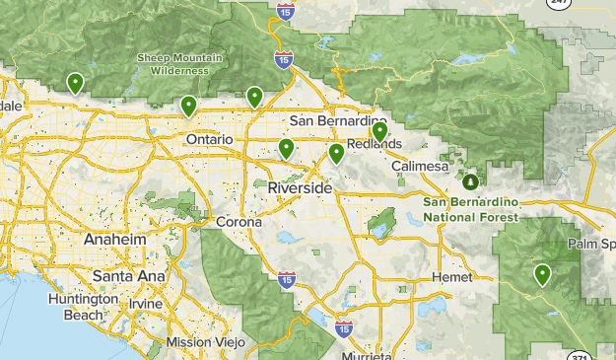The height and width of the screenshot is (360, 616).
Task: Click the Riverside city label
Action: [x=300, y=186]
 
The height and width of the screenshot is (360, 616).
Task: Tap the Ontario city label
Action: [x=209, y=140]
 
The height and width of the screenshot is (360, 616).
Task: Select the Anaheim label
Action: [x=115, y=241]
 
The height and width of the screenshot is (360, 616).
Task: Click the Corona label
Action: [x=240, y=222]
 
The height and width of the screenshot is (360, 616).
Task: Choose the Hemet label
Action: [x=452, y=278]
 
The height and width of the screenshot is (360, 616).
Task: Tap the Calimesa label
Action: [x=420, y=167]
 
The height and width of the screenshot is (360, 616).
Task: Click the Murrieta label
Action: [x=365, y=354]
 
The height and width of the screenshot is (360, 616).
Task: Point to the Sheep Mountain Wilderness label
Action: [x=172, y=64]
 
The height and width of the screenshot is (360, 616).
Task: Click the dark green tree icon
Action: [x=471, y=181]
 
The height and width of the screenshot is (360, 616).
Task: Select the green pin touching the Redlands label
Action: [x=379, y=130]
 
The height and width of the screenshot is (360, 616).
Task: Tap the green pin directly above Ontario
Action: [x=188, y=105]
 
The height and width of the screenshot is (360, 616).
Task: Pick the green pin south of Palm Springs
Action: [x=541, y=274]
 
